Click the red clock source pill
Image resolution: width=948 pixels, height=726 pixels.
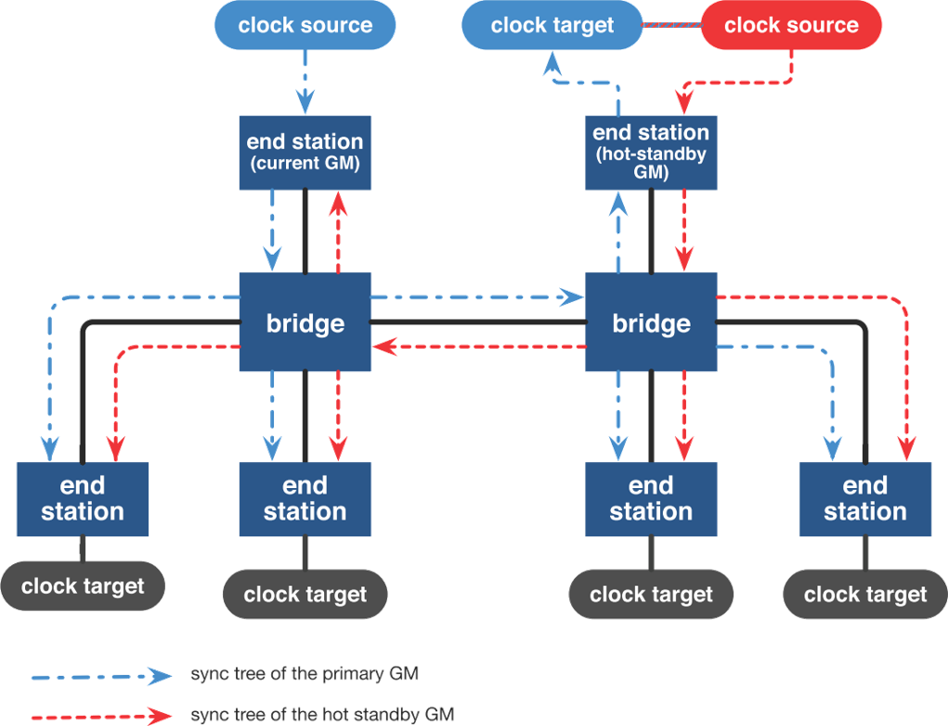790,25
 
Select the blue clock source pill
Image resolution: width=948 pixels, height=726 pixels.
305,25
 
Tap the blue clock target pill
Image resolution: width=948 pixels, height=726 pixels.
552,25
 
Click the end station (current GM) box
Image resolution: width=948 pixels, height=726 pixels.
305,151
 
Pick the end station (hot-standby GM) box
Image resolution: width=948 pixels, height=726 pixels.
650,152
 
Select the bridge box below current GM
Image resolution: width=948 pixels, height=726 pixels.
305,323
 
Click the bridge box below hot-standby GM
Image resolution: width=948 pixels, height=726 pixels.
650,323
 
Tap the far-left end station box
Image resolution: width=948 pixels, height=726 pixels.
83,499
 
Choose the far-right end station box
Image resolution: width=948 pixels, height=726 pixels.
864,499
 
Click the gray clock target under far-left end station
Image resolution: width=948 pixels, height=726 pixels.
83,587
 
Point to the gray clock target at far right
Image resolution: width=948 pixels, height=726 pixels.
864,595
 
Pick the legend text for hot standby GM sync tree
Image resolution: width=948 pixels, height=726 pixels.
321,714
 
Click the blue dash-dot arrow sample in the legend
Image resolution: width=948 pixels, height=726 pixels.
102,676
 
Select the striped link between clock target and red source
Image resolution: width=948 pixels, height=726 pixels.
670,25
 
